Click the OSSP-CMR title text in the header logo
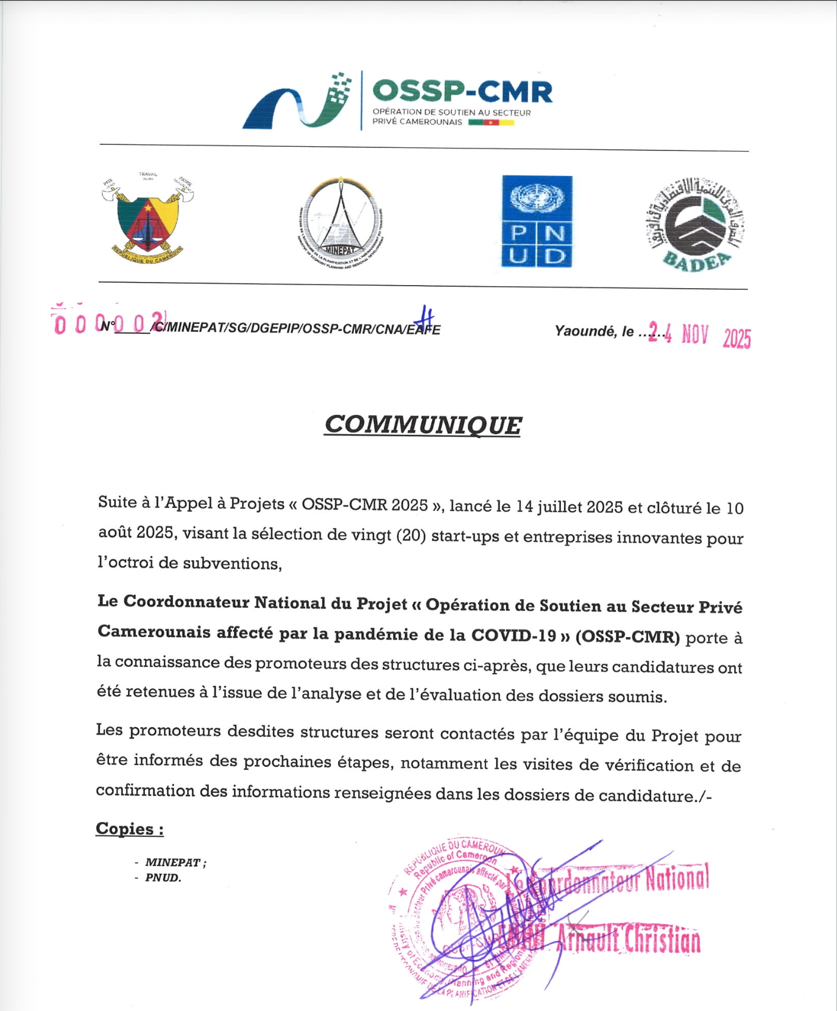point(462,91)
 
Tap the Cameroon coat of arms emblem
point(148,219)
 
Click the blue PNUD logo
point(537,221)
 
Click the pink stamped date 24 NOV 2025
point(699,334)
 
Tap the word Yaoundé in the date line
point(585,331)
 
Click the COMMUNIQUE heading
point(423,424)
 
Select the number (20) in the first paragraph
point(411,535)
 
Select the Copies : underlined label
point(130,829)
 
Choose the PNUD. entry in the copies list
point(163,878)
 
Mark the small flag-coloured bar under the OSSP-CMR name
point(491,122)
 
